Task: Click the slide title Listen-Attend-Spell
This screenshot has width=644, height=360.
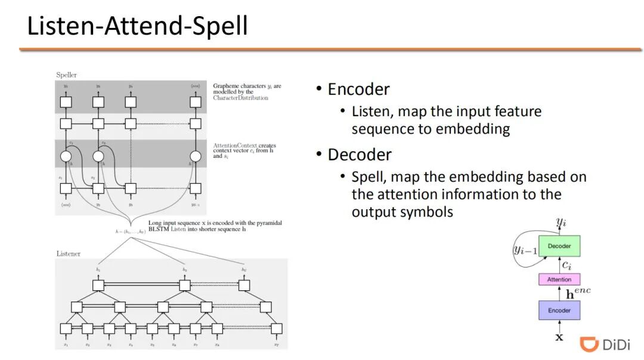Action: coord(137,27)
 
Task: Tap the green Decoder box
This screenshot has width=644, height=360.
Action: coord(559,246)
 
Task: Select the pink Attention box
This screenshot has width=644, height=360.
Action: coord(559,279)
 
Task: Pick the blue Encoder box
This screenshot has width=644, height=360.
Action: coord(559,310)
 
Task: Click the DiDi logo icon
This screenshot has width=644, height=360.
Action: coord(589,345)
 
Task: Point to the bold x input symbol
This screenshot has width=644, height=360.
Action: coord(559,337)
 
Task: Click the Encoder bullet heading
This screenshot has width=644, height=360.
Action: coord(358,89)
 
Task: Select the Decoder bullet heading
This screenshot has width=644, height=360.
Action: coord(360,155)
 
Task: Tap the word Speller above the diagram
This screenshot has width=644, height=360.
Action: coord(66,75)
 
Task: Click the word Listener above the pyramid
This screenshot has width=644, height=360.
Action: coord(68,253)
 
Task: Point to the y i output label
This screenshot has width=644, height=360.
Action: coord(561,223)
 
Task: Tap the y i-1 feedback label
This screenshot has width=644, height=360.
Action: coord(525,249)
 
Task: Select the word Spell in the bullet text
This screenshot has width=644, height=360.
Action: coord(367,177)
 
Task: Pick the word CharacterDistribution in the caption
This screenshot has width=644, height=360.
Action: coord(240,98)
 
